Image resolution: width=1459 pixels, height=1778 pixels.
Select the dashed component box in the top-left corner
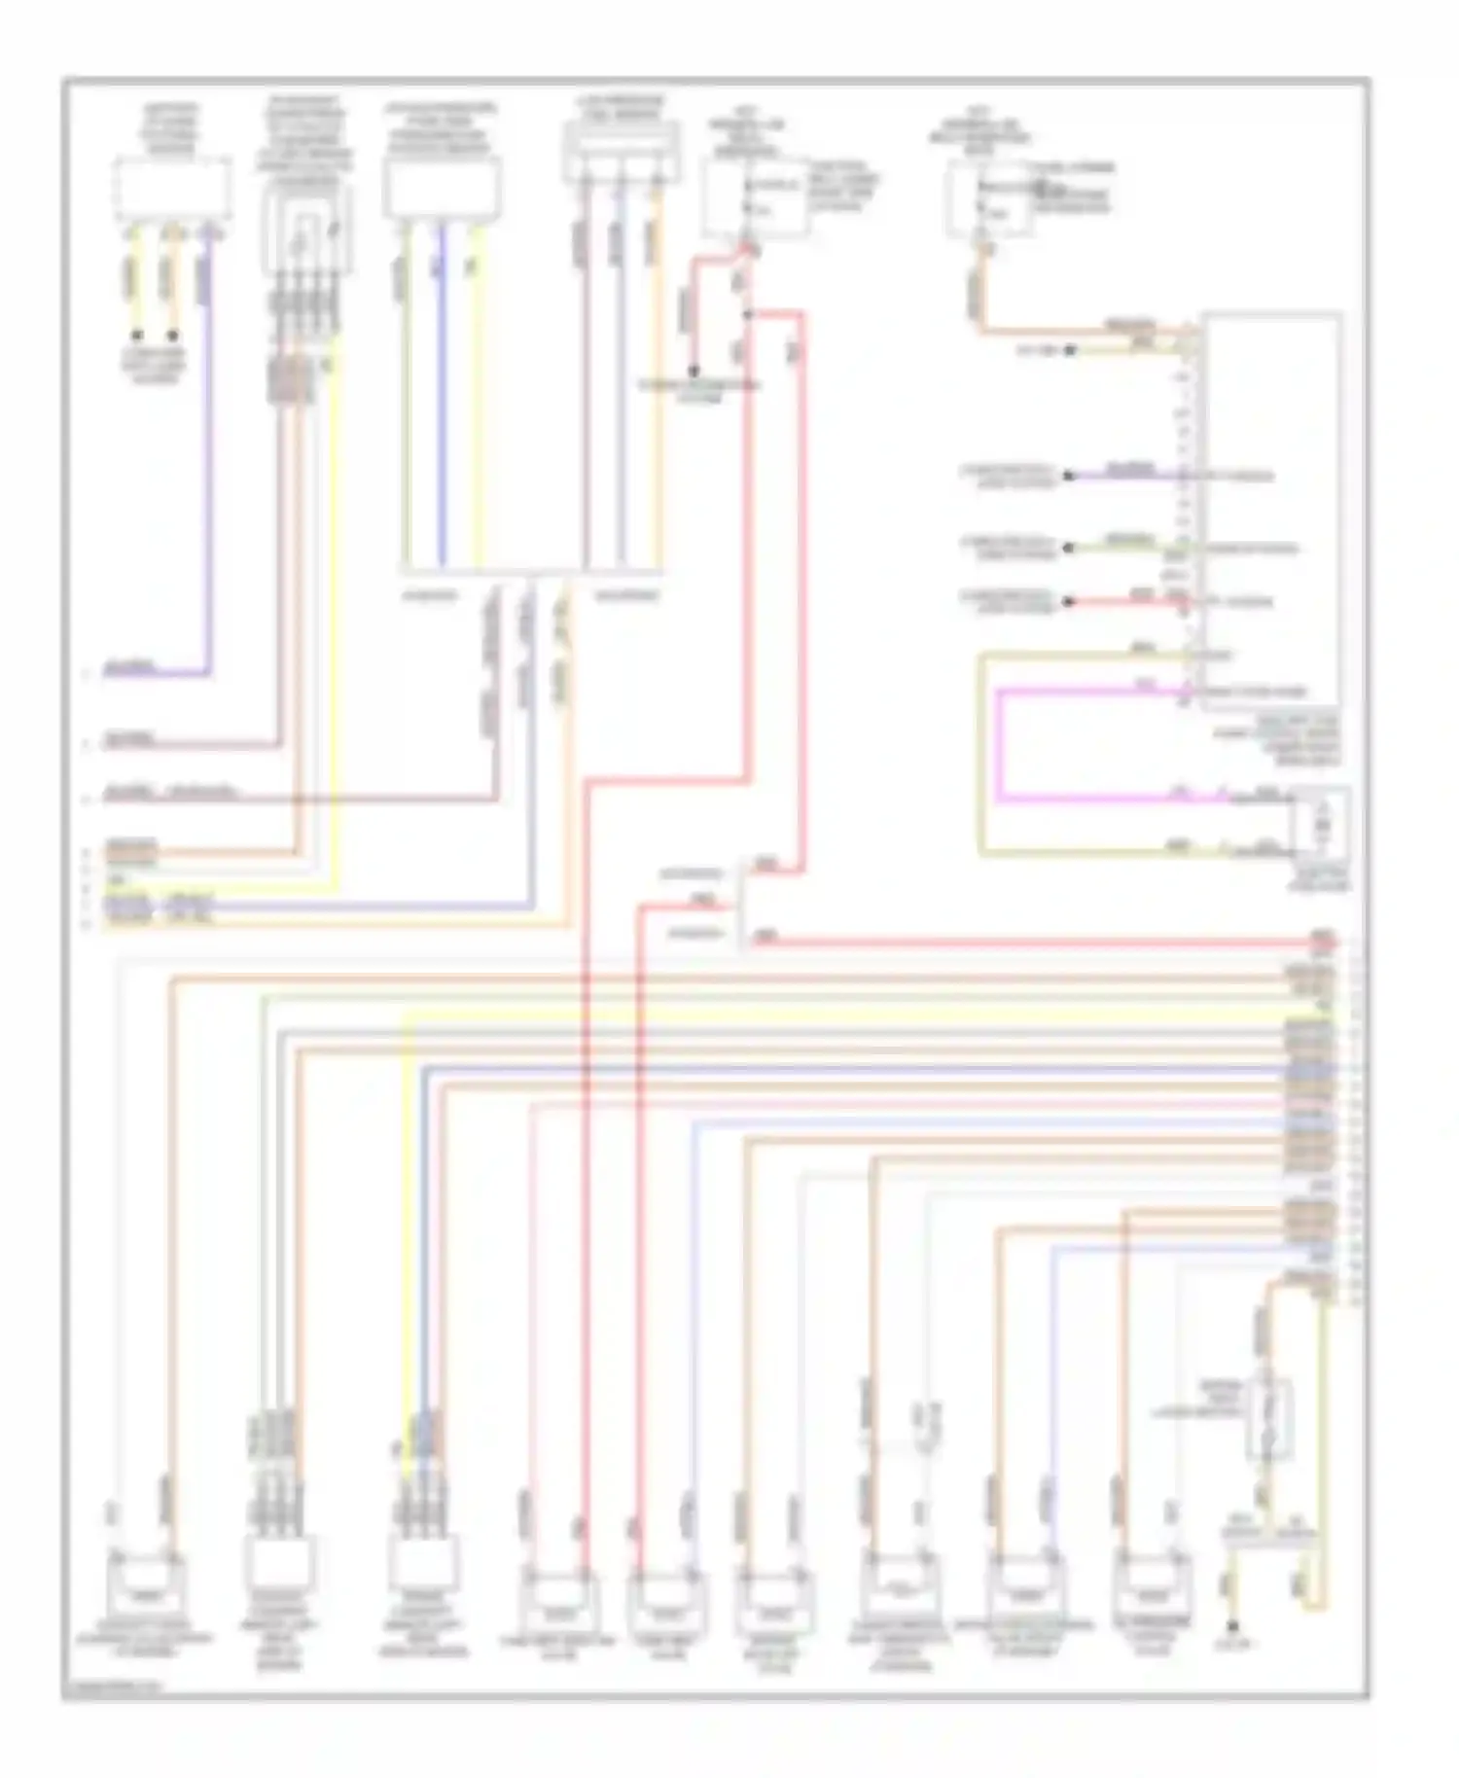(173, 188)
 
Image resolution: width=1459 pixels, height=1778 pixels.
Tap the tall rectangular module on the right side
(1270, 506)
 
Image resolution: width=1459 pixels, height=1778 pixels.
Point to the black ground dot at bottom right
(1232, 1626)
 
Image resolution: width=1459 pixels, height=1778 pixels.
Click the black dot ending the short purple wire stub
(1068, 476)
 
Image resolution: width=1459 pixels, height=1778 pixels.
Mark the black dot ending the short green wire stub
(1068, 548)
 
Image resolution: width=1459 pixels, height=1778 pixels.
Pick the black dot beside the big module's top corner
(1068, 350)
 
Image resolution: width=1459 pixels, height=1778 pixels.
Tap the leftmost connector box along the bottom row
(146, 1583)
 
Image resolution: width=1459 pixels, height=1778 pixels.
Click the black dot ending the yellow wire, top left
(135, 337)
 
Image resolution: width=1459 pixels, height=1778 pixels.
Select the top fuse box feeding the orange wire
(990, 199)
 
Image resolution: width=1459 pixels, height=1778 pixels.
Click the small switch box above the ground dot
(1269, 1420)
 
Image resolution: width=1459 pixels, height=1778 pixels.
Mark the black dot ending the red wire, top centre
(694, 371)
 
